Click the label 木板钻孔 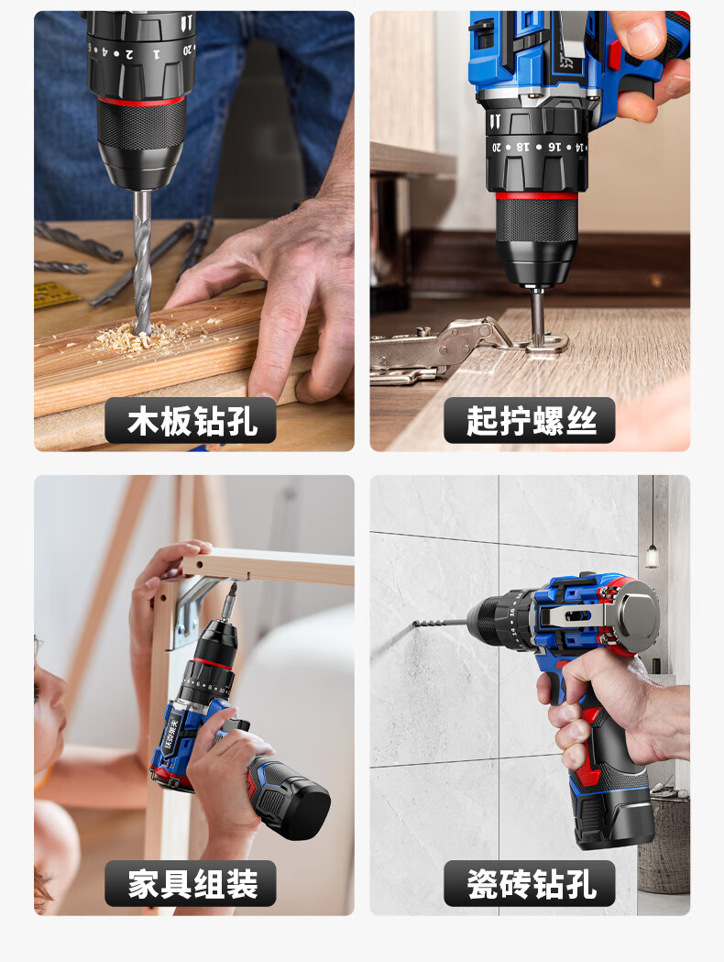pos(192,421)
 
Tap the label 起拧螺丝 pos(531,421)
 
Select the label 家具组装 pos(192,884)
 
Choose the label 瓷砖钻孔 pos(531,884)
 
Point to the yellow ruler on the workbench pos(54,295)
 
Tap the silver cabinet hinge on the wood pos(454,348)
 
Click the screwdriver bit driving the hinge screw pos(538,317)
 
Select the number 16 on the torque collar pos(554,148)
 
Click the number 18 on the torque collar pos(522,148)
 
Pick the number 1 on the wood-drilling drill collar pos(157,55)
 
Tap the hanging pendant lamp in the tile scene pos(652,554)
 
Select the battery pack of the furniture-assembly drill pos(291,797)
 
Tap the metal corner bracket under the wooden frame pos(197,606)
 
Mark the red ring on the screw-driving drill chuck pos(536,196)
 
